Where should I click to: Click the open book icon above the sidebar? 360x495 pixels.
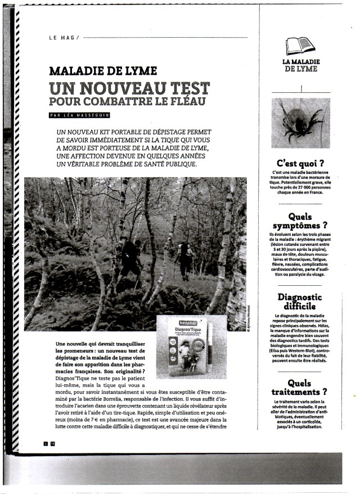(300, 46)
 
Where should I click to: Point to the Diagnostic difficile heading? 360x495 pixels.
(300, 302)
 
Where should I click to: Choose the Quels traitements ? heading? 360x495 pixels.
(300, 387)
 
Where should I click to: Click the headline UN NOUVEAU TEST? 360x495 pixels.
(129, 89)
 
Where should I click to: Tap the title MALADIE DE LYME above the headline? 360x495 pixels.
(103, 72)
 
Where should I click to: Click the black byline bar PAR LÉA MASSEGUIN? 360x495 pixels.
(79, 115)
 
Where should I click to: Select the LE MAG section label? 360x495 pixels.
(63, 38)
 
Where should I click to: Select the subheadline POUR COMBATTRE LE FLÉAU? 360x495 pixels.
(129, 102)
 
